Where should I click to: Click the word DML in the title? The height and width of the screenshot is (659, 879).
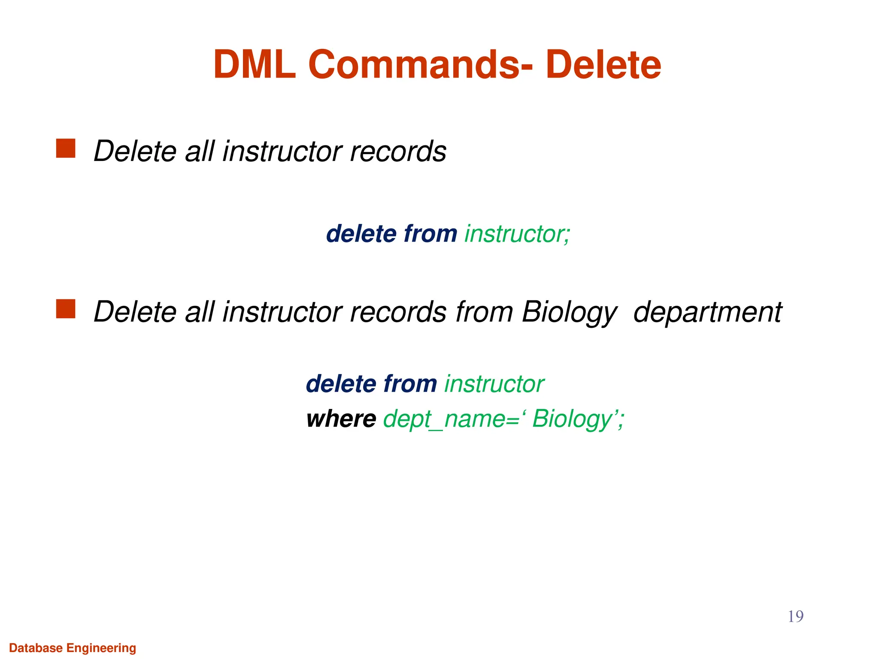point(255,65)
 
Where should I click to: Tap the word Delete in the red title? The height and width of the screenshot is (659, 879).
point(603,65)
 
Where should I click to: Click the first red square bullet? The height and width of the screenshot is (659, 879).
point(66,148)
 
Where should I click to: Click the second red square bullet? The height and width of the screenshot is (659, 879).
point(66,309)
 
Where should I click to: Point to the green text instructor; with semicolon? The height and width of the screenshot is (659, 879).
point(517,234)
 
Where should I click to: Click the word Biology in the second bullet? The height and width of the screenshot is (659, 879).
point(569,312)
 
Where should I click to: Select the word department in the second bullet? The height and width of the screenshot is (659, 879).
point(707,312)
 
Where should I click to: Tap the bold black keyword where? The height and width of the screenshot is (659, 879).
point(341,419)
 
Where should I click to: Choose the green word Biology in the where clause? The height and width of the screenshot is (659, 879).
point(572,419)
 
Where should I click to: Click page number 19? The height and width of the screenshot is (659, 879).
point(795,617)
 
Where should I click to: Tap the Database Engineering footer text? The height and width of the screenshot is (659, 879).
point(73,648)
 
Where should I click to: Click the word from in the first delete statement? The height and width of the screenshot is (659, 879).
point(430,234)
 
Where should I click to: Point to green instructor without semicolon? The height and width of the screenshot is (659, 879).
point(494,384)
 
